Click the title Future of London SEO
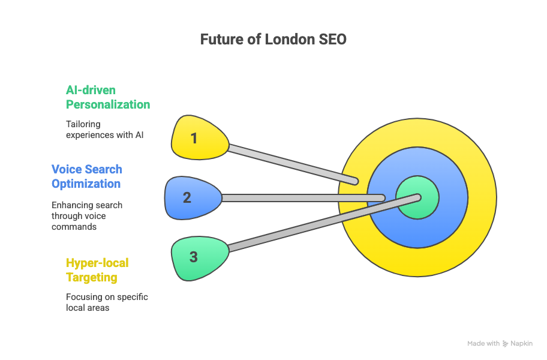273,40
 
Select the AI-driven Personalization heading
107,97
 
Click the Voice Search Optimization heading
86,176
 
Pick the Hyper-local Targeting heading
97,270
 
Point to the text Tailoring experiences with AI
105,129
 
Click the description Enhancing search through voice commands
87,216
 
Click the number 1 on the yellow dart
194,139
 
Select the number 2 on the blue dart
187,197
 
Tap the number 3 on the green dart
193,257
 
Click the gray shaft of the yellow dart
288,162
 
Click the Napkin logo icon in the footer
506,344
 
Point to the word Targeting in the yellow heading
91,277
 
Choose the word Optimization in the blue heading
86,184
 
